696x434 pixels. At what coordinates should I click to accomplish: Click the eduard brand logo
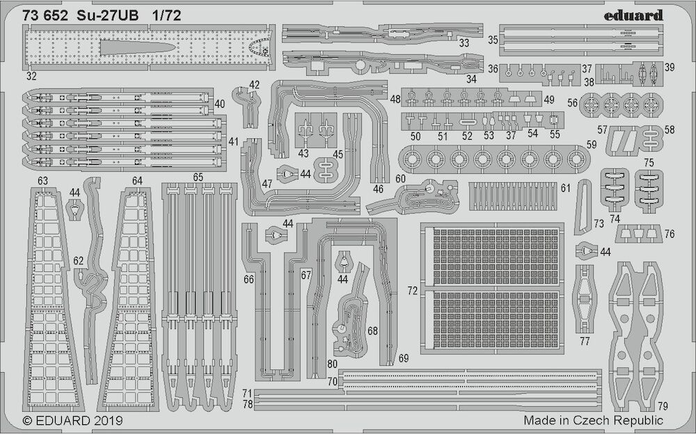[633, 15]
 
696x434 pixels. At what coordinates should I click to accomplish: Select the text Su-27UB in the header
[108, 16]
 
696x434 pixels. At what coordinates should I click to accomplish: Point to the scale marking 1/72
[166, 16]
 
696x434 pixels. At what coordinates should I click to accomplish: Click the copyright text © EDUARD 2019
[72, 420]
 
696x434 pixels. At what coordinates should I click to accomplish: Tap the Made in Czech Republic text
[594, 420]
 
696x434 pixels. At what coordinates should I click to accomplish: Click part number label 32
[31, 76]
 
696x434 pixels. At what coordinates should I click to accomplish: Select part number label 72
[413, 291]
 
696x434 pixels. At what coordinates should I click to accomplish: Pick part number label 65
[198, 177]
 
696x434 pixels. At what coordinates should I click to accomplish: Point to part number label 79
[663, 405]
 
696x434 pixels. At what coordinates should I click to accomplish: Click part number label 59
[592, 145]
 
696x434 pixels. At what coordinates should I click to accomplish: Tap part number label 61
[565, 188]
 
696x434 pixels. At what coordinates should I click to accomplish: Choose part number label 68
[372, 331]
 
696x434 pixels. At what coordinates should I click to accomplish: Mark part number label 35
[493, 40]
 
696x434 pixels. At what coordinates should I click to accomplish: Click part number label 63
[42, 181]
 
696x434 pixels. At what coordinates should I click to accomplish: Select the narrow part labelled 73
[583, 207]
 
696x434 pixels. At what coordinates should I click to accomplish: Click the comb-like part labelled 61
[513, 195]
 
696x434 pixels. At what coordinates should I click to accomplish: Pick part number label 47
[267, 184]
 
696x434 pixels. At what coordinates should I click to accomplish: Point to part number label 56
[573, 103]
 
